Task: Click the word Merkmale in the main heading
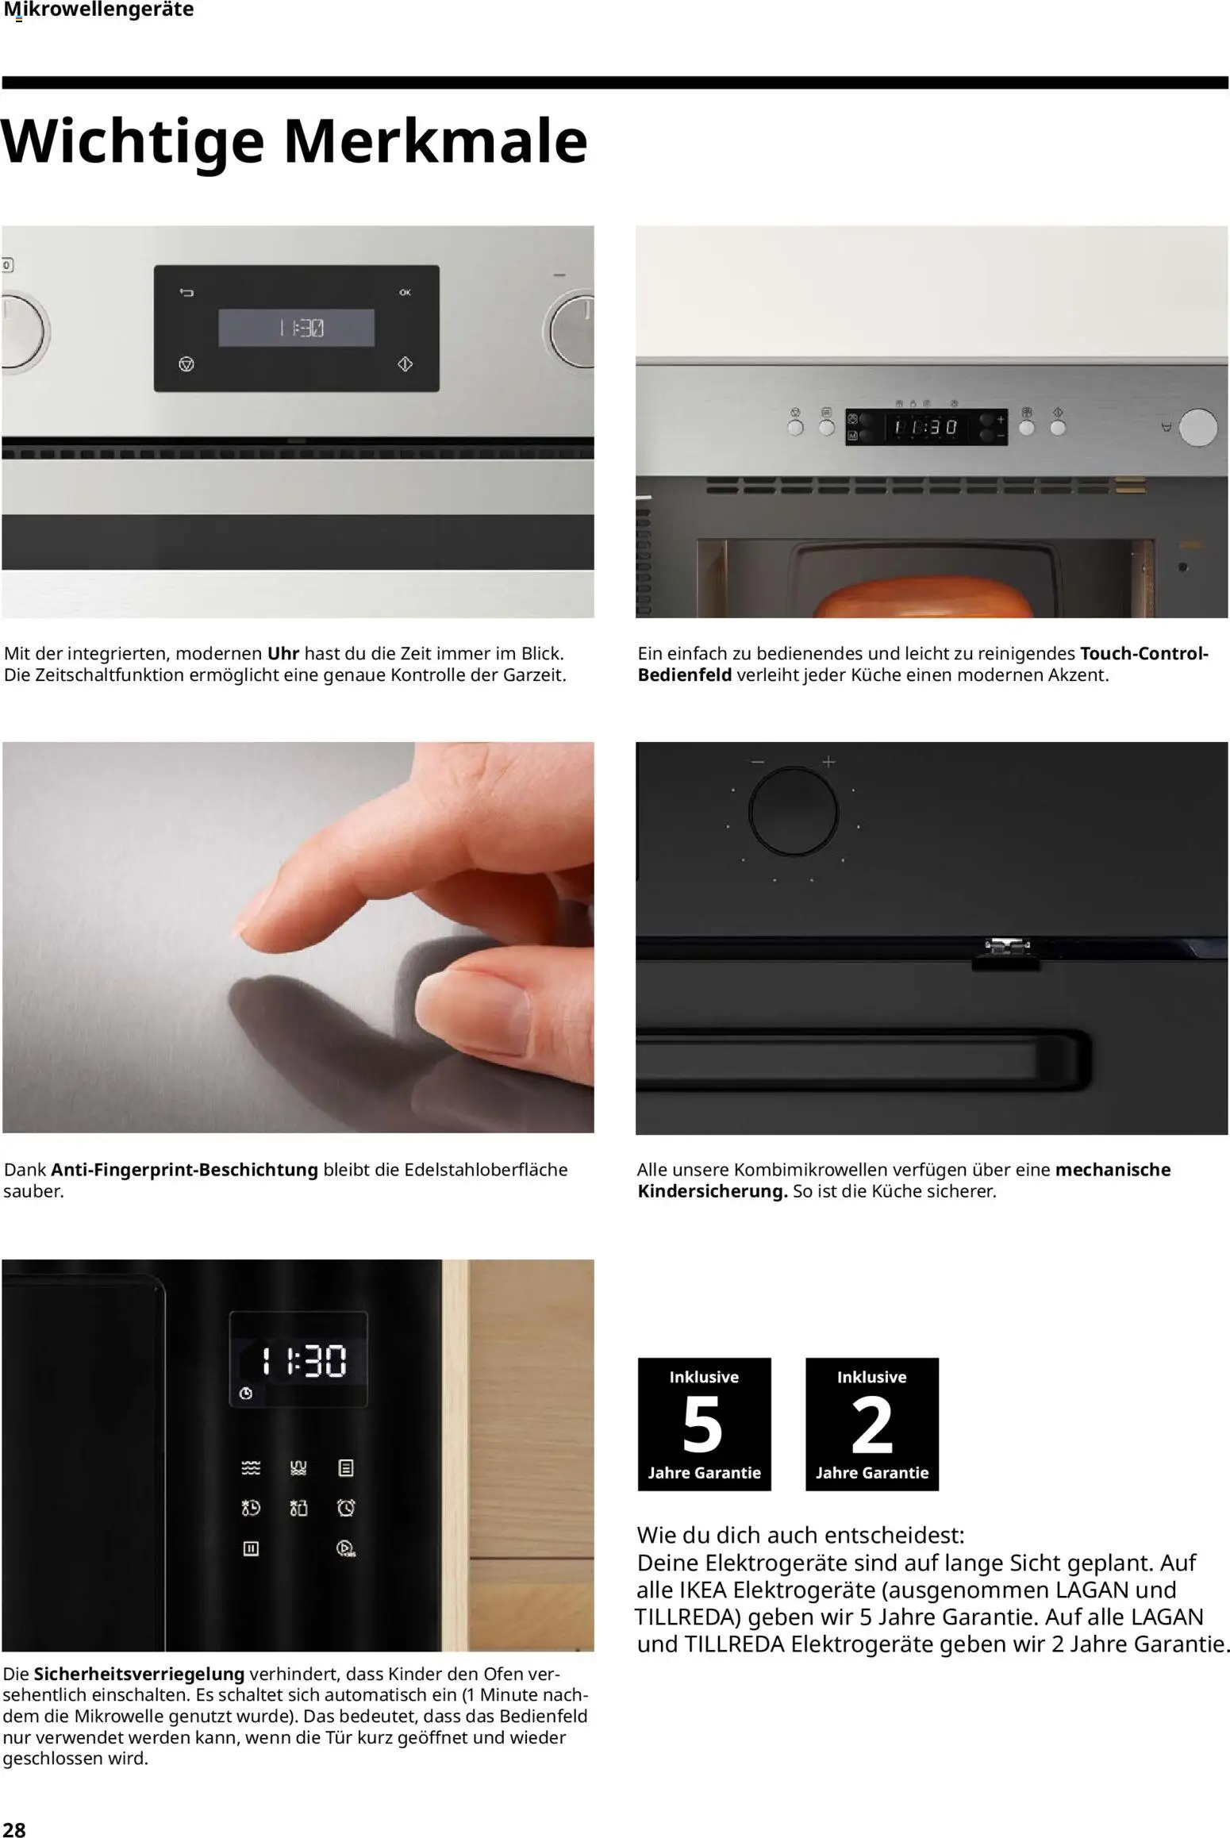[436, 141]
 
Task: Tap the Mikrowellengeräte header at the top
[98, 10]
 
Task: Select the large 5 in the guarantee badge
[703, 1425]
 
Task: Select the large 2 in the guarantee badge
[872, 1425]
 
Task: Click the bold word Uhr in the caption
[283, 654]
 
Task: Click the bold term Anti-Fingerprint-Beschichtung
[185, 1170]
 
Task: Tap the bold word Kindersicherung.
[713, 1191]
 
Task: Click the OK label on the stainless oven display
[405, 293]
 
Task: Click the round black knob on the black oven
[794, 811]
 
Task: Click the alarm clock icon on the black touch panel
[346, 1507]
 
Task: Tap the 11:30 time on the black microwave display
[304, 1360]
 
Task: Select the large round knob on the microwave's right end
[1197, 427]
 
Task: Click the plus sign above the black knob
[828, 762]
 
